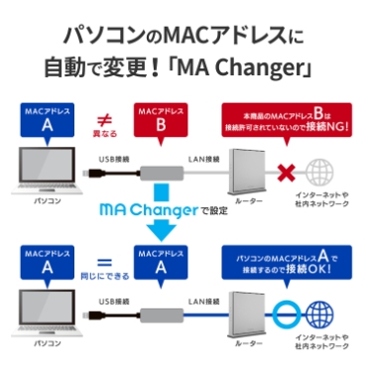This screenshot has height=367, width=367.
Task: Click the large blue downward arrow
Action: coord(159,229)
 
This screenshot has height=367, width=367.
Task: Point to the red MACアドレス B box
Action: coord(158,121)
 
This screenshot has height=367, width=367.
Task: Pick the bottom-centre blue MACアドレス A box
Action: coord(158,265)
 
